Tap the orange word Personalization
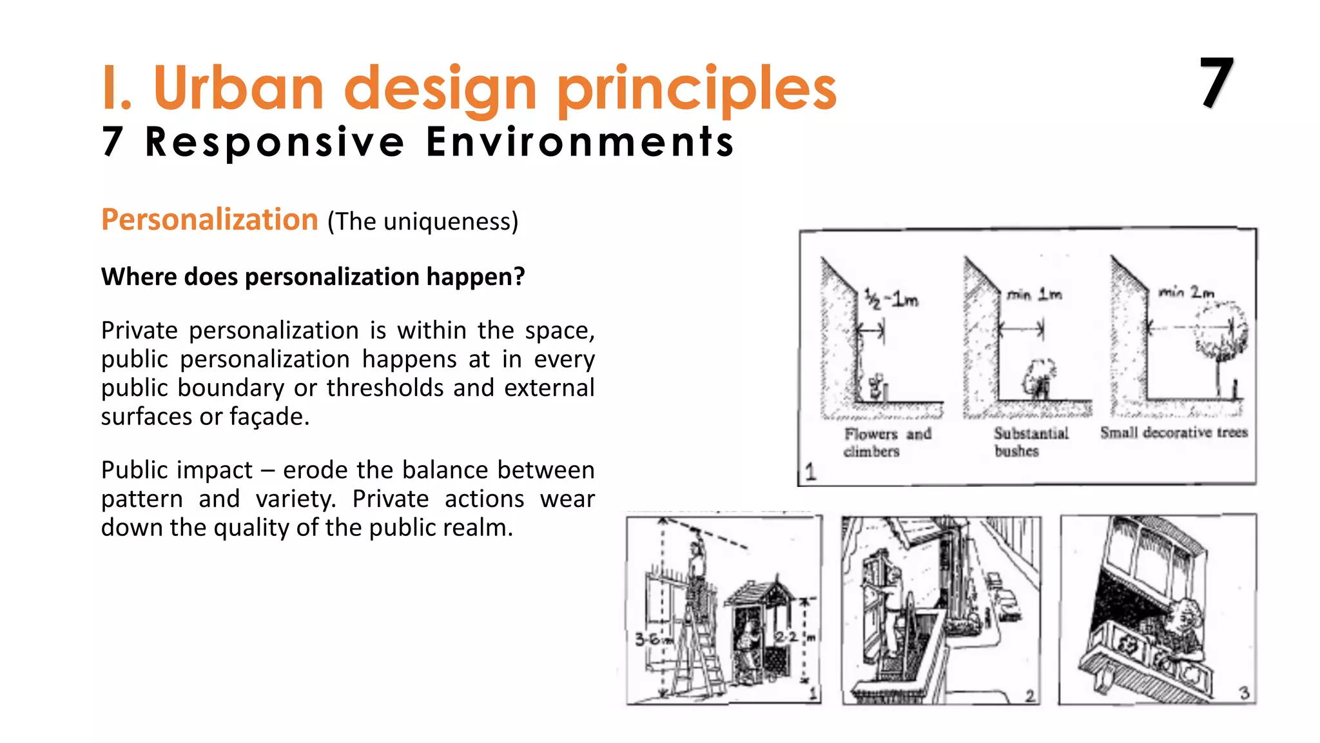click(209, 220)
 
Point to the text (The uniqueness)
click(422, 222)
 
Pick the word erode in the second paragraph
click(316, 470)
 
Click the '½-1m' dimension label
click(891, 299)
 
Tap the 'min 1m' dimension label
click(1034, 295)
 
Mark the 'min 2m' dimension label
click(1186, 292)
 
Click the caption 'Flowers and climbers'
click(888, 442)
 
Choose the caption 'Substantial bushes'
click(1031, 442)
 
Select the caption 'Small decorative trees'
click(1174, 432)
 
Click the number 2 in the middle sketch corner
click(1029, 695)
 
